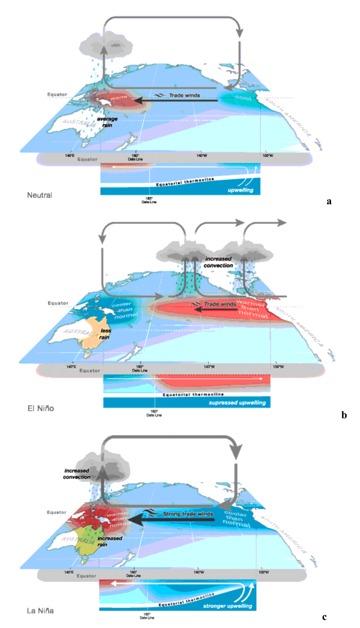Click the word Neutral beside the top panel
pos(39,195)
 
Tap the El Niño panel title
pos(41,409)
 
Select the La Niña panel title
pos(40,611)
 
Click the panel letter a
pos(329,201)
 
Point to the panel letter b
pos(344,415)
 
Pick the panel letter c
pos(324,617)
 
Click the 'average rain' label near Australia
pos(107,122)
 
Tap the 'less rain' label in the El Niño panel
pos(105,334)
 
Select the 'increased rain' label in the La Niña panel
pos(109,541)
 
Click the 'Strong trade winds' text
pos(188,514)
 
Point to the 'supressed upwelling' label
pos(237,403)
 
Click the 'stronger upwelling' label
pos(227,606)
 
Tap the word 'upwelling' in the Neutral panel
pos(241,190)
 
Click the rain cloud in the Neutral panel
pos(106,45)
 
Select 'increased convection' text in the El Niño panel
pos(218,262)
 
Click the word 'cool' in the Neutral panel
pos(243,98)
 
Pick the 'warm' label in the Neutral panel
pos(119,98)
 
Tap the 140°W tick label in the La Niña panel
pos(199,572)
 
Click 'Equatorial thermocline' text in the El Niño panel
pos(193,394)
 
